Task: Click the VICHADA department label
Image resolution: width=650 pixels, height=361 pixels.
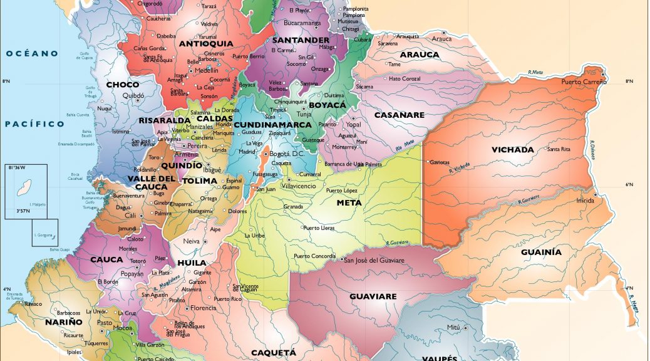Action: [x=512, y=150]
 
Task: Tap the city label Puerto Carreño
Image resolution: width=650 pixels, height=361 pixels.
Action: [x=584, y=82]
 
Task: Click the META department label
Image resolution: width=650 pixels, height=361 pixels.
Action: [x=349, y=203]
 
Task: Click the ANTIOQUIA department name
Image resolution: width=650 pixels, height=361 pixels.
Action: [x=205, y=44]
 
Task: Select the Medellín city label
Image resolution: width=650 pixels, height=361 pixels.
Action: [x=206, y=71]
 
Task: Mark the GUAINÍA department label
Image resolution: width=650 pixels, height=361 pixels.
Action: [x=541, y=253]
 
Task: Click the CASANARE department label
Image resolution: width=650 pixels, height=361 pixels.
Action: [x=399, y=115]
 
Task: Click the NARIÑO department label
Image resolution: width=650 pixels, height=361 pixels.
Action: [x=63, y=322]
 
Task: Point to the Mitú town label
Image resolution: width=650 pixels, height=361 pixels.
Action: [x=453, y=328]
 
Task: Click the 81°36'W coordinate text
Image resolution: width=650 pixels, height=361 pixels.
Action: [x=17, y=168]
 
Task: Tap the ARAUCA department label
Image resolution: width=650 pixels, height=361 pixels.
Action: [x=420, y=55]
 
